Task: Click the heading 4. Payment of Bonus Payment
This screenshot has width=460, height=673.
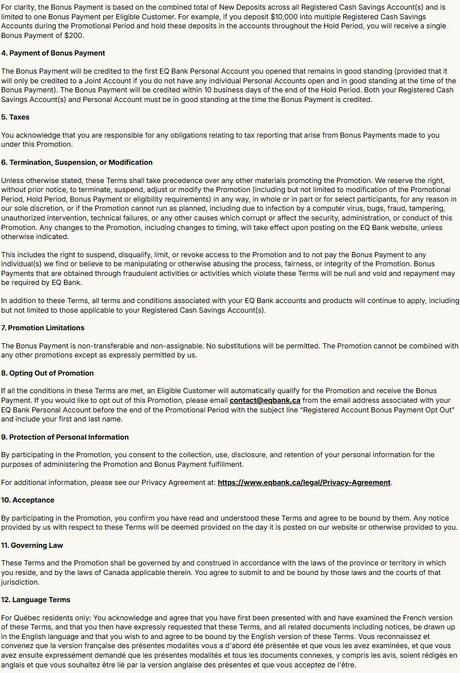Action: click(53, 53)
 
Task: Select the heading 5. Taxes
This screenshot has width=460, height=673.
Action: click(15, 117)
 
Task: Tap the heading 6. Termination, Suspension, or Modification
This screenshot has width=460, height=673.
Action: click(77, 162)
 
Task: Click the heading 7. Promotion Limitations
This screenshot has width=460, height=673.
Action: click(43, 327)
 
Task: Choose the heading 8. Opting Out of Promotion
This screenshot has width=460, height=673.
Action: click(47, 373)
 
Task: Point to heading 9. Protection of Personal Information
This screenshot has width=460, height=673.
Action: click(65, 437)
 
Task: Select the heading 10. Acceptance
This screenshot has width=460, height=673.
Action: click(28, 500)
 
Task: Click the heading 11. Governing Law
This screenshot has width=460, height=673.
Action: click(32, 545)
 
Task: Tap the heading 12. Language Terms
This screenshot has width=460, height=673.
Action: click(35, 599)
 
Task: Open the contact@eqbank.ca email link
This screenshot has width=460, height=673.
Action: click(265, 400)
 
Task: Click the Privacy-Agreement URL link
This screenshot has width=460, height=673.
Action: click(304, 482)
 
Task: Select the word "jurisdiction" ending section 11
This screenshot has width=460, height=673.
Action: click(19, 581)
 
